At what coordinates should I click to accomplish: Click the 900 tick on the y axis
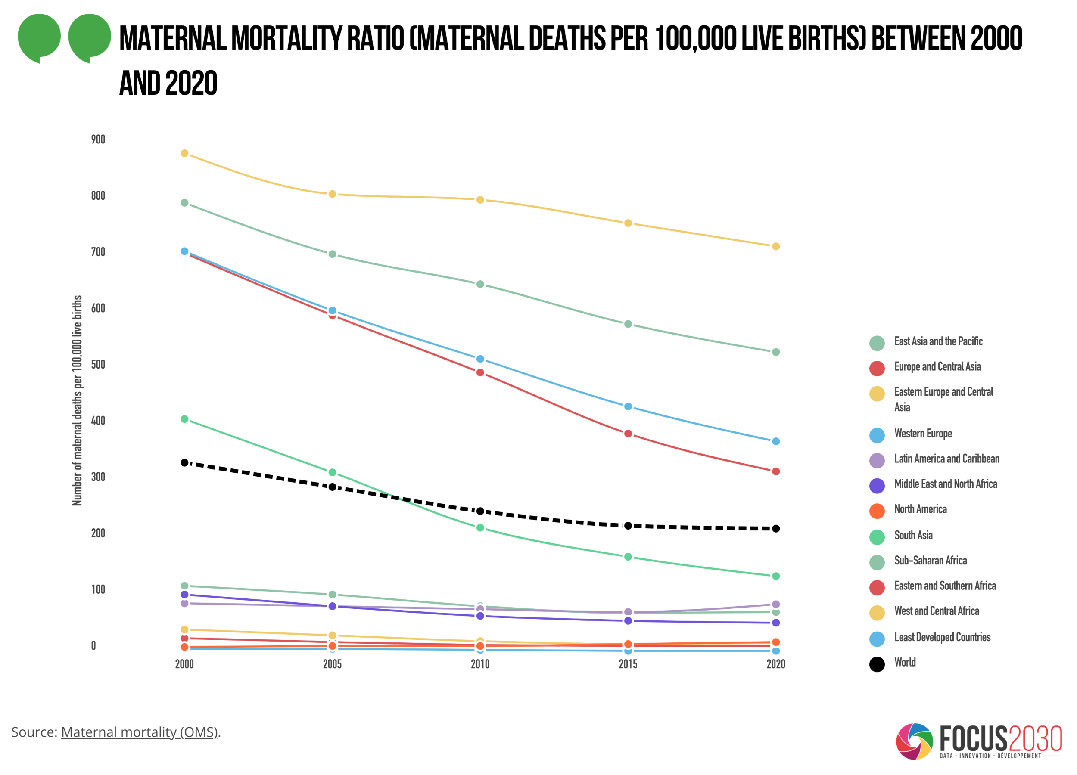[98, 139]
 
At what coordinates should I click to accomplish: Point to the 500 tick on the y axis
[98, 365]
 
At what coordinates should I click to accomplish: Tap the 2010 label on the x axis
[479, 664]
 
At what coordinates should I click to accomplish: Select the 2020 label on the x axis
[775, 664]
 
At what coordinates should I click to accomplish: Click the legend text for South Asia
[913, 535]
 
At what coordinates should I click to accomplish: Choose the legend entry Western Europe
[923, 433]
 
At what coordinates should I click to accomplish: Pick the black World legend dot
[877, 664]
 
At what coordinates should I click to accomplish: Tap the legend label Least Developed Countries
[942, 637]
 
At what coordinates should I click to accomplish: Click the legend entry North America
[920, 509]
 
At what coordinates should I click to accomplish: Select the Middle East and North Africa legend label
[946, 484]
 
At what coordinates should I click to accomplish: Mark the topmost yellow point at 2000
[185, 153]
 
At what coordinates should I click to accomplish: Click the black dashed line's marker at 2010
[480, 511]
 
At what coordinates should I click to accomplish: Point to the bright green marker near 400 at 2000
[185, 419]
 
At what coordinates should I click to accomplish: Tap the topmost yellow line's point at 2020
[775, 246]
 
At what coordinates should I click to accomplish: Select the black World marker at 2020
[775, 529]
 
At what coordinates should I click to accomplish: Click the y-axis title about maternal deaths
[77, 400]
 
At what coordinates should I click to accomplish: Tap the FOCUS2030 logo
[978, 741]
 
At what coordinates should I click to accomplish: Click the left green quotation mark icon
[39, 37]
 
